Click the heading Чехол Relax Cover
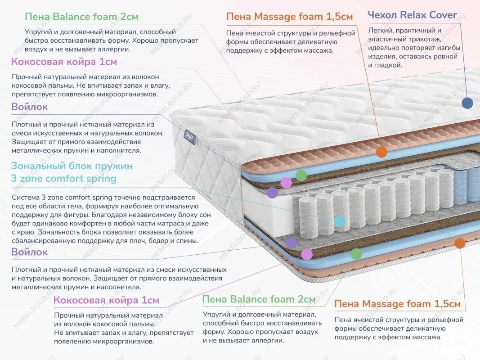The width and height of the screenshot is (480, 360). tap(412, 15)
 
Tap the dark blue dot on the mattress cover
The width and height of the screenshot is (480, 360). tap(467, 103)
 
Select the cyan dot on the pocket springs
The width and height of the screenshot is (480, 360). tap(340, 221)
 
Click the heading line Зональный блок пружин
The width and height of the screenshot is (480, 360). tap(72, 166)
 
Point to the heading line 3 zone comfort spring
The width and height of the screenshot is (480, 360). tap(63, 179)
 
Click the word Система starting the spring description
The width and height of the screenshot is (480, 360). tap(27, 197)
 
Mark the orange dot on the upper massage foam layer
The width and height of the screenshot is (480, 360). tap(381, 152)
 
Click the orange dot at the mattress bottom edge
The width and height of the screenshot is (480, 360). tap(459, 243)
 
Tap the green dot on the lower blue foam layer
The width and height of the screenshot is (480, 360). tap(356, 254)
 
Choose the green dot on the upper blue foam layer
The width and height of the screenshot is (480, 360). tap(301, 175)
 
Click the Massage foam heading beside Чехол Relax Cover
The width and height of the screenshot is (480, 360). tap(289, 17)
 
